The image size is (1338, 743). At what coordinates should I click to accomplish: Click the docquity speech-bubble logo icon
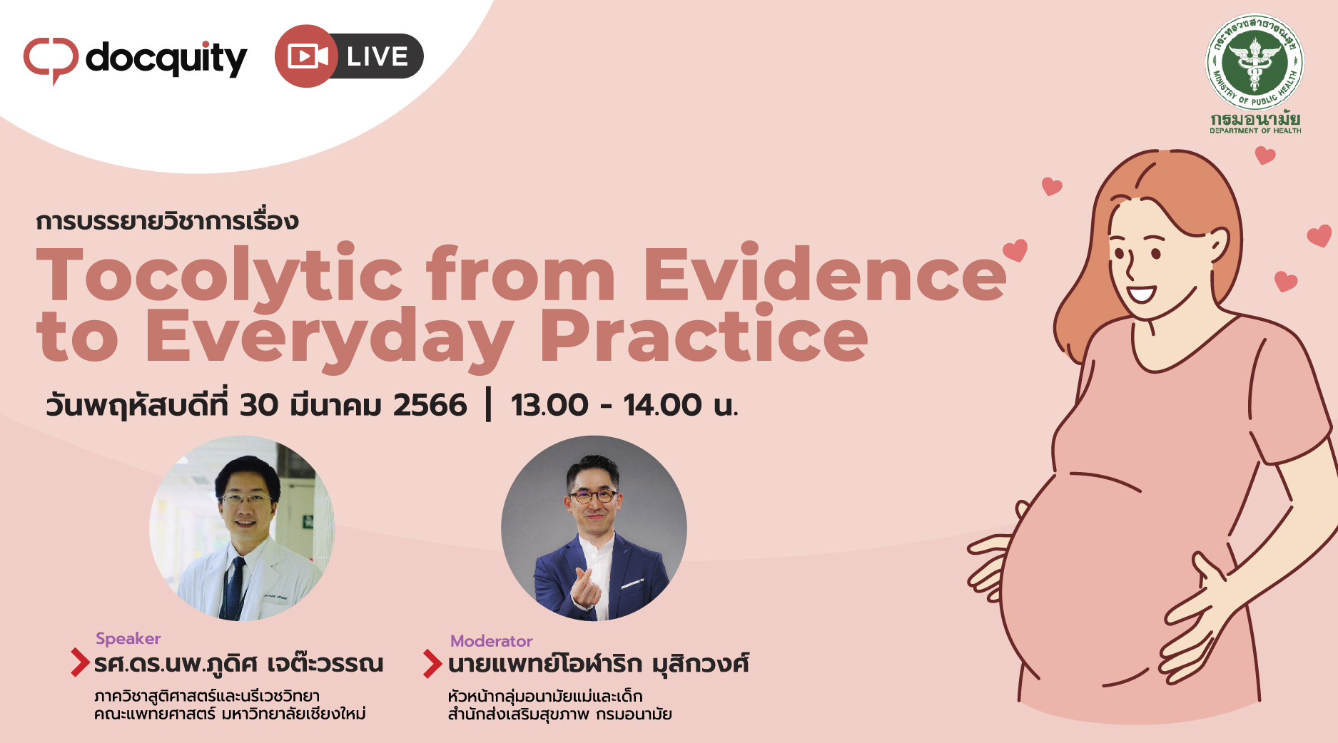[x=51, y=60]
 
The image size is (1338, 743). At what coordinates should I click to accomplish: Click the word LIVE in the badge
[x=377, y=56]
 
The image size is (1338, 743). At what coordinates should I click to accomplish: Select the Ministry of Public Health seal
[x=1255, y=62]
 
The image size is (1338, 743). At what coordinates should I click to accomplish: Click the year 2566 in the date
[x=430, y=405]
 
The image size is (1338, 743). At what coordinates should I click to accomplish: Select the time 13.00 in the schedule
[x=549, y=405]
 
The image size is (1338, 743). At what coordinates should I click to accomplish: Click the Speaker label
[x=128, y=639]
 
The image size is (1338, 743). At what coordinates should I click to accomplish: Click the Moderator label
[x=492, y=641]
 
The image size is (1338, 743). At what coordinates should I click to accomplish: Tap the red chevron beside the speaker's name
[x=79, y=662]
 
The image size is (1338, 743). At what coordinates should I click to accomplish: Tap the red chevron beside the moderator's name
[x=432, y=663]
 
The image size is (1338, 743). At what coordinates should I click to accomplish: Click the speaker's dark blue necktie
[x=234, y=588]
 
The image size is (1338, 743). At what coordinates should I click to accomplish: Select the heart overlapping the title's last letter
[x=1015, y=250]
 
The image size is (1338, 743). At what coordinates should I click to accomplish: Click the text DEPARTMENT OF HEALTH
[x=1255, y=130]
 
